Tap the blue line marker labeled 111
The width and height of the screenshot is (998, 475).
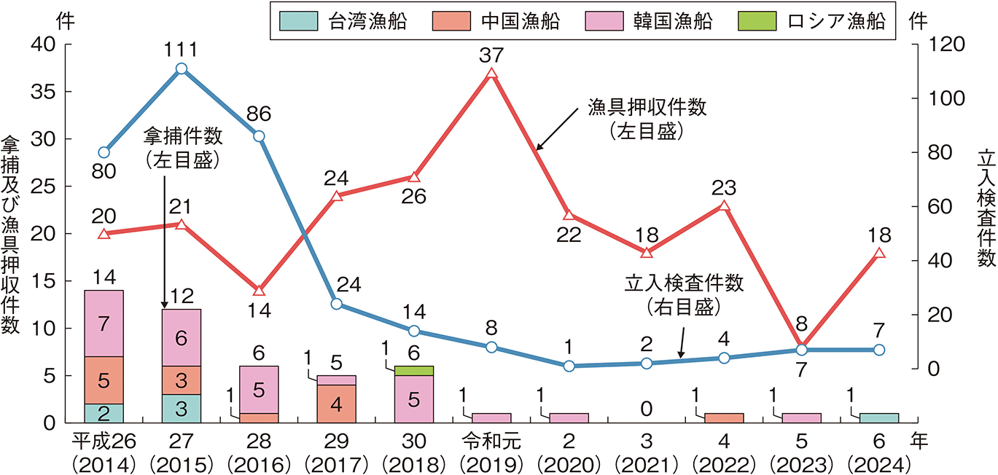182,69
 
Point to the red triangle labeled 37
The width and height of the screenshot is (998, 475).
491,74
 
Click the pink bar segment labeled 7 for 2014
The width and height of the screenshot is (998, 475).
104,324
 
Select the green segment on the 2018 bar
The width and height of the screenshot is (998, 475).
413,371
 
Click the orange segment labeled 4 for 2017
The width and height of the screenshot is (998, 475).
336,404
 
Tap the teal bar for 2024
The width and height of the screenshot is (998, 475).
879,418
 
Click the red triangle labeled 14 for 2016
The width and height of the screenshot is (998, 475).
259,291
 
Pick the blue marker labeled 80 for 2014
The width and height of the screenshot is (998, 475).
104,153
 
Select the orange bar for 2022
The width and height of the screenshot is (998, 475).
724,418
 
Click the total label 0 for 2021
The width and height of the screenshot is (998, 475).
646,409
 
